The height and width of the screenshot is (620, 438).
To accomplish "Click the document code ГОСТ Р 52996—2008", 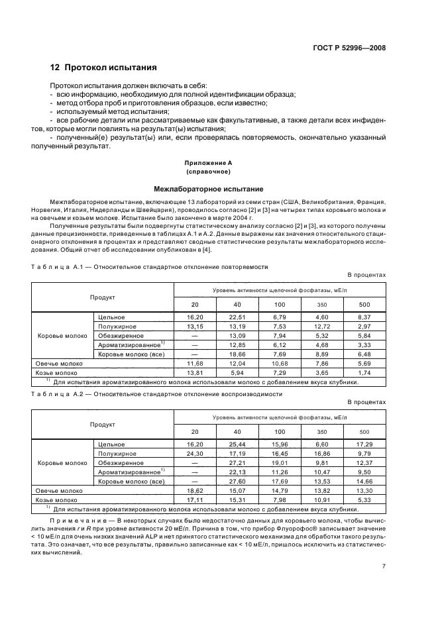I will click(x=349, y=48).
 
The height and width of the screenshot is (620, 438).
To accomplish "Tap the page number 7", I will click(x=384, y=566).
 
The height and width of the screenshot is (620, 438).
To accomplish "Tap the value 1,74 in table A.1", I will click(x=364, y=372).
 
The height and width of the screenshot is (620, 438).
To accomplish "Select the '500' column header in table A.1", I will click(x=364, y=304).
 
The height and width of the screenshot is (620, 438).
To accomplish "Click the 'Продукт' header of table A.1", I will click(x=103, y=297).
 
